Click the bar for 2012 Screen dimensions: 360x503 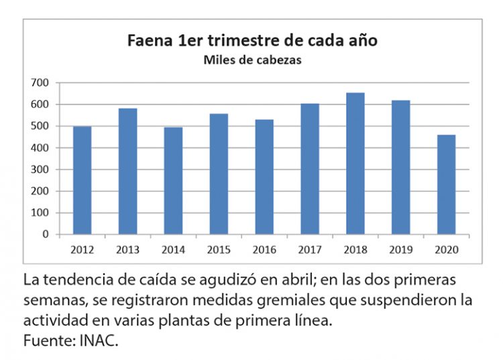click(82, 180)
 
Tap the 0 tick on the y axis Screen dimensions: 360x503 click(46, 235)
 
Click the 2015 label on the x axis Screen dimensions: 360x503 click(219, 249)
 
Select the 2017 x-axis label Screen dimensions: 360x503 click(310, 249)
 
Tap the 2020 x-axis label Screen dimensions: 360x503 click(446, 249)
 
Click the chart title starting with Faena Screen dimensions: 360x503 click(252, 40)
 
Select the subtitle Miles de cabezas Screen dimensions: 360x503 click(252, 60)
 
